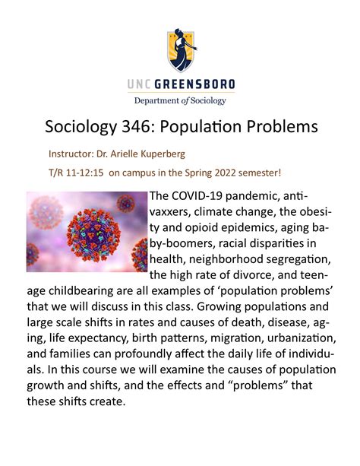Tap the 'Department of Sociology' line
click(180, 100)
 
